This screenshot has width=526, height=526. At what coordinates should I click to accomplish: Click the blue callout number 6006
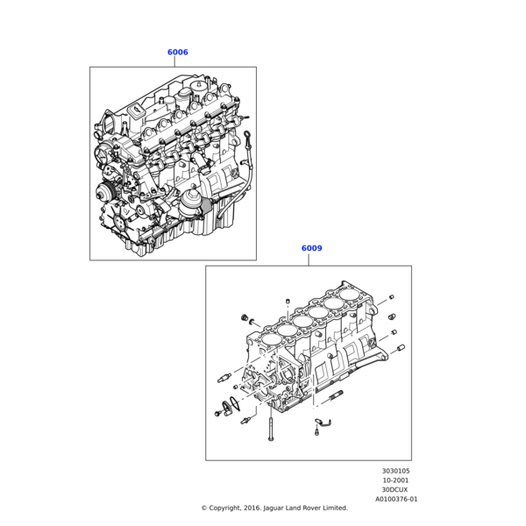click(177, 52)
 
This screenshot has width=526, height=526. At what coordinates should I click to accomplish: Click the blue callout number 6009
click(311, 248)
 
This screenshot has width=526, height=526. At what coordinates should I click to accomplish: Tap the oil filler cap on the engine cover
click(137, 110)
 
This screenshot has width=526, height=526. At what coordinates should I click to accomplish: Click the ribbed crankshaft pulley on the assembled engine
click(105, 193)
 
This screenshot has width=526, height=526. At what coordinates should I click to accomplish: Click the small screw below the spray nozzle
click(316, 432)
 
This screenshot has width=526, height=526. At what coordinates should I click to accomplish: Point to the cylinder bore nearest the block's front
click(271, 339)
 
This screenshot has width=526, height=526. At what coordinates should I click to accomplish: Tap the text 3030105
click(396, 471)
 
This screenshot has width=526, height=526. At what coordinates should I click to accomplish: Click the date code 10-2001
click(396, 480)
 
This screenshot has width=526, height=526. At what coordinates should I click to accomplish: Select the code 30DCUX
click(394, 490)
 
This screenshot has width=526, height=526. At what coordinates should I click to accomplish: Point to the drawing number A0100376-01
click(396, 499)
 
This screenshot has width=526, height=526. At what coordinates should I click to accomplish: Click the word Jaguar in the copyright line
click(273, 508)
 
